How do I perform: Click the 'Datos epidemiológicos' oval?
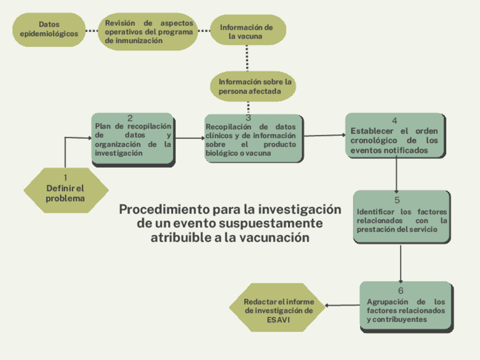[x=49, y=29]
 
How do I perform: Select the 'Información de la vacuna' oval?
[x=247, y=32]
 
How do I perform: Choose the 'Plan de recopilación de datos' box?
[x=132, y=140]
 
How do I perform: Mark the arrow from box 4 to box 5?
[x=396, y=174]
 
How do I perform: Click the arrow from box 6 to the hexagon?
[x=343, y=306]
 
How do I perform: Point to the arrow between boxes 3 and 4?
[x=324, y=135]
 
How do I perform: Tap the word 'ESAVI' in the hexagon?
[x=278, y=320]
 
